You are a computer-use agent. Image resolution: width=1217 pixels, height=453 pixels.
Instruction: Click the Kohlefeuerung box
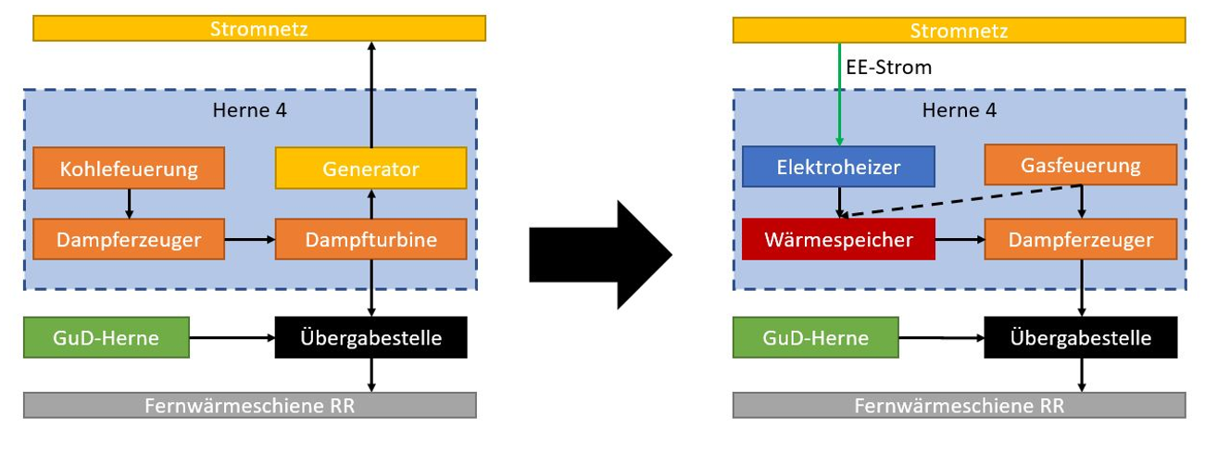click(128, 169)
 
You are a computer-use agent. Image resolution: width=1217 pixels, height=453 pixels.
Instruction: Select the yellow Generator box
click(370, 169)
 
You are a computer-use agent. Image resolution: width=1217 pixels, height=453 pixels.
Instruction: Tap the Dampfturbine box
click(370, 240)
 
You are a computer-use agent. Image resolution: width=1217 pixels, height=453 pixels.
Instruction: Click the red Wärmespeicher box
click(838, 240)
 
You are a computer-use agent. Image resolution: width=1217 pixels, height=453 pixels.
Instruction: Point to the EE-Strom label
click(889, 68)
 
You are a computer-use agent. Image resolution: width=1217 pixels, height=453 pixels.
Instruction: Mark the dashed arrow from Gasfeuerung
click(963, 200)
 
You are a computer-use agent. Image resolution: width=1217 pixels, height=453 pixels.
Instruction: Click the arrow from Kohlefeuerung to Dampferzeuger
click(129, 203)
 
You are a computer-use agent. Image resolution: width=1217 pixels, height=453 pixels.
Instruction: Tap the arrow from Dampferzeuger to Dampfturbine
click(250, 240)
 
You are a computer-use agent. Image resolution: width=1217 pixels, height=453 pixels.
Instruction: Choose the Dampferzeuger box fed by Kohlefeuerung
click(128, 240)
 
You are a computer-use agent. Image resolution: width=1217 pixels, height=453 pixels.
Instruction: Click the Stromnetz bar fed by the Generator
click(259, 29)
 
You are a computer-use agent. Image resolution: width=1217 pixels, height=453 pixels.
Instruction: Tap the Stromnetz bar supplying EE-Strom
click(959, 31)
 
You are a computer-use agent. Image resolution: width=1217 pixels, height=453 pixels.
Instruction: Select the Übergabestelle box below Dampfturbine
click(370, 338)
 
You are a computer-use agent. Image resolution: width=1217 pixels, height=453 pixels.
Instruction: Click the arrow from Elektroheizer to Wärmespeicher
click(839, 202)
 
